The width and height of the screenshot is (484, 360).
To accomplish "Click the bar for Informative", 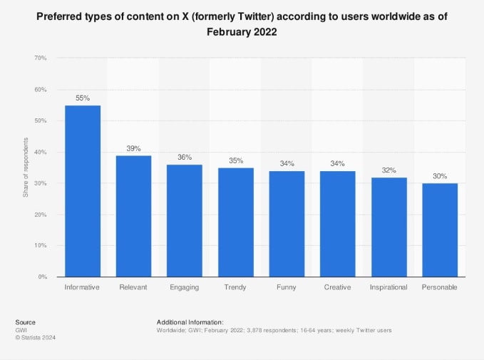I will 83,191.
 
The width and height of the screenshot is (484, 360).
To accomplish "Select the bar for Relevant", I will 133,216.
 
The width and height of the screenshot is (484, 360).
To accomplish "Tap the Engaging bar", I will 185,220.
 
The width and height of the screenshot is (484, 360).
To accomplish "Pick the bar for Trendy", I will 235,222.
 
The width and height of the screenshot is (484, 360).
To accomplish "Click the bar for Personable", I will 439,230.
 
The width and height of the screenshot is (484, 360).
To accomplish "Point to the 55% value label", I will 83,98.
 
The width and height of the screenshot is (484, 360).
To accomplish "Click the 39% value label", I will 133,148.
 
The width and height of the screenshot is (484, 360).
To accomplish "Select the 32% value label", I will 388,170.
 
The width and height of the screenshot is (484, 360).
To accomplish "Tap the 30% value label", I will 439,176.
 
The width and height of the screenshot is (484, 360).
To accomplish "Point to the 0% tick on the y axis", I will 43,277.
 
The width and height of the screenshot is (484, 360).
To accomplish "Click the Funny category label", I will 287,287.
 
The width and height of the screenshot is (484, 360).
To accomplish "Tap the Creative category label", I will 337,287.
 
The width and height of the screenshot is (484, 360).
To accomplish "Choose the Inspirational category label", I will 388,287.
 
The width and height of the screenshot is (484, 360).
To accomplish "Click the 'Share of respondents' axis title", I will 26,168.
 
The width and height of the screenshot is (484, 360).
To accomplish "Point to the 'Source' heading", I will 25,322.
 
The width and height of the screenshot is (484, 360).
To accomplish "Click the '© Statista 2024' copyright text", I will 35,338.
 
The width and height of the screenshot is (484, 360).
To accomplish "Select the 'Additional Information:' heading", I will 190,322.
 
